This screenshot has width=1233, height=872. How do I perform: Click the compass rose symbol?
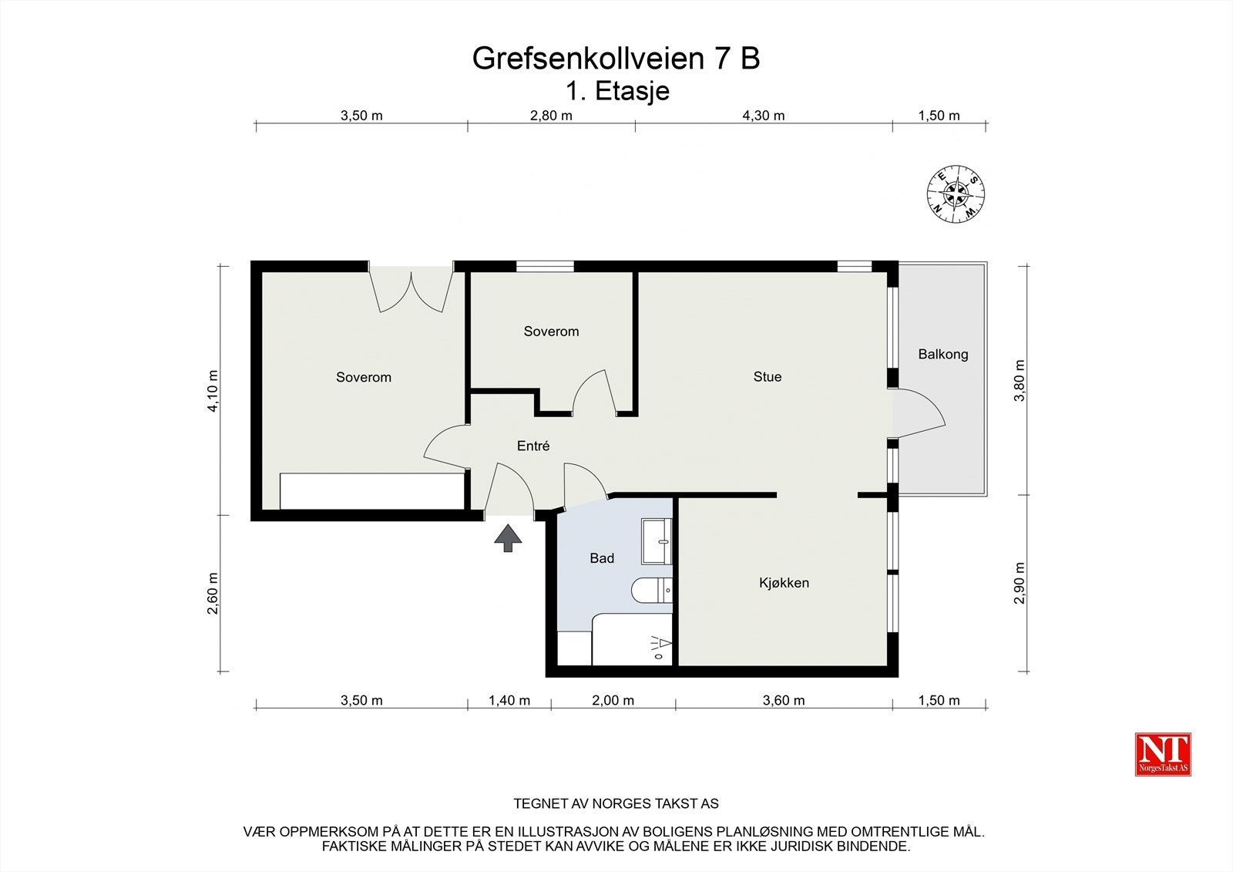pos(956,194)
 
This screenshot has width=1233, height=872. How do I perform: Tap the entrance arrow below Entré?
pos(508,538)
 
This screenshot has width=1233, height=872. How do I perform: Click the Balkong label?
pos(942,355)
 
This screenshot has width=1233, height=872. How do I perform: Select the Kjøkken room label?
pos(784,583)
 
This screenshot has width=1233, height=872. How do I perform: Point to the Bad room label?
pos(602,558)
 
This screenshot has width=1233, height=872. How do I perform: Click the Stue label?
pos(767,377)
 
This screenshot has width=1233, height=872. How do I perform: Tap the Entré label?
pos(533,446)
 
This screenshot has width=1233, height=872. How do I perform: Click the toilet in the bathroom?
pos(652,591)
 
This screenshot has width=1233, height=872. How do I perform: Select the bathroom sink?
pos(657,532)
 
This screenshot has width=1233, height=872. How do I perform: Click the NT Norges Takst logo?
pos(1163,754)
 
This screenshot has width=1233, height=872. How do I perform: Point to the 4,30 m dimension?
pos(763,116)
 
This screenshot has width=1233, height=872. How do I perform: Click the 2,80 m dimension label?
pos(551,116)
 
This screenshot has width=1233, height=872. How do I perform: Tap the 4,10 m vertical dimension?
pos(213,392)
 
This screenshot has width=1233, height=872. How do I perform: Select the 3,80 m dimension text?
pos(1020,380)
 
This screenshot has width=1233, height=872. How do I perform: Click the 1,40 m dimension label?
pos(509,700)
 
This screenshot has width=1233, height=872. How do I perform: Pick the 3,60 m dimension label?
pos(784,700)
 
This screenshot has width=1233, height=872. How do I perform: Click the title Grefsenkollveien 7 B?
pos(616,59)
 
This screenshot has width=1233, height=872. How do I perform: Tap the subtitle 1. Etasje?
pos(617,91)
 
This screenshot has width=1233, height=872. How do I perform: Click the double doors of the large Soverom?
pos(412,290)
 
